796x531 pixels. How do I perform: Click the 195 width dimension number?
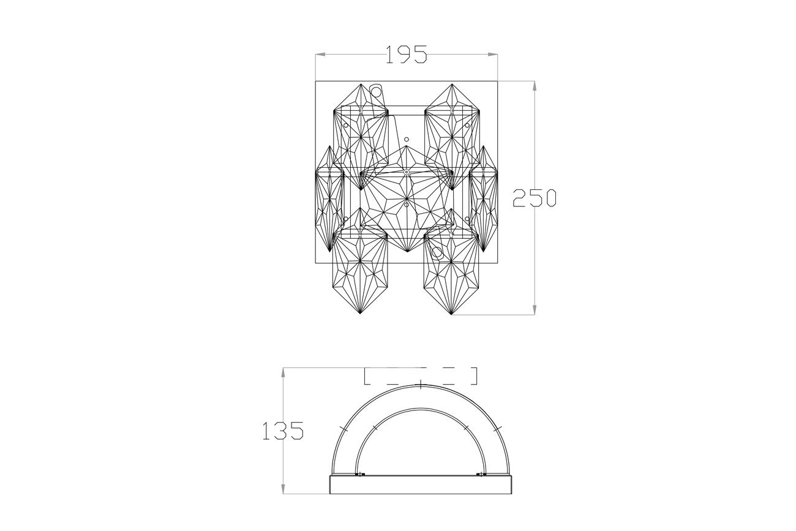click(x=406, y=55)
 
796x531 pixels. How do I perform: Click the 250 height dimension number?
click(x=535, y=198)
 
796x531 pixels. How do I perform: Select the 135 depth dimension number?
click(x=283, y=431)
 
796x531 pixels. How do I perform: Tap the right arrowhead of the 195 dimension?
click(x=493, y=55)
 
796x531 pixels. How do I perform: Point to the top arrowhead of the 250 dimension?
click(x=535, y=86)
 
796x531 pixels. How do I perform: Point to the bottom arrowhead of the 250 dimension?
click(x=535, y=310)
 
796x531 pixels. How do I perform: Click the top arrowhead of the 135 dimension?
click(x=283, y=372)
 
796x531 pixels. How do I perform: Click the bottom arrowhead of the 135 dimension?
click(x=283, y=489)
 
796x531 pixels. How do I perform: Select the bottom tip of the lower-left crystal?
click(x=360, y=314)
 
